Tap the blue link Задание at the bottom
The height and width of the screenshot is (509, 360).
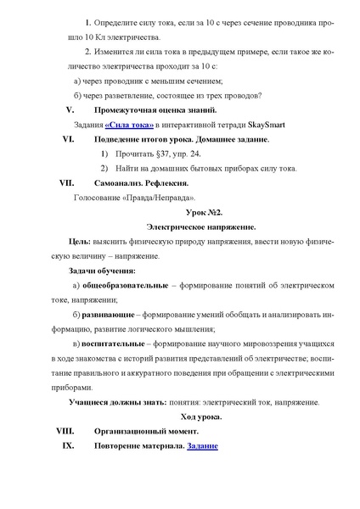[x=202, y=445]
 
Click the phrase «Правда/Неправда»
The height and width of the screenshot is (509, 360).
[x=153, y=197]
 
